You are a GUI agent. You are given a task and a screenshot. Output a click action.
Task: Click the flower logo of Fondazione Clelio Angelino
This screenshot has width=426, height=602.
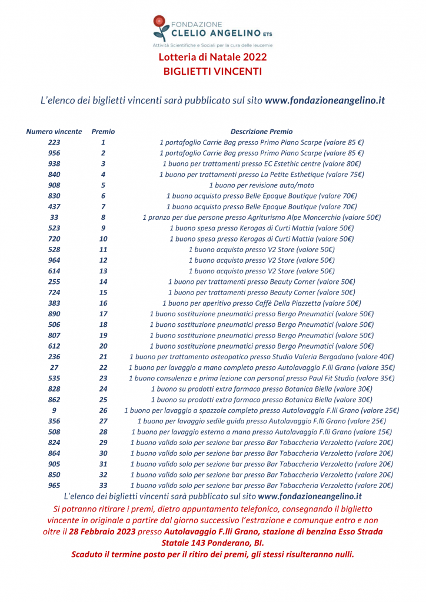[160, 27]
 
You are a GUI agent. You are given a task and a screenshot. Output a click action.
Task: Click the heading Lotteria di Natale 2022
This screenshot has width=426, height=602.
[212, 57]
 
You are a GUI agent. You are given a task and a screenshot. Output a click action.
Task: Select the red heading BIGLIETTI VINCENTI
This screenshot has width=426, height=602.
[212, 71]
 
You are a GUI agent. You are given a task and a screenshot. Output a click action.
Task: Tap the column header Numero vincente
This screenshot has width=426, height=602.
[54, 132]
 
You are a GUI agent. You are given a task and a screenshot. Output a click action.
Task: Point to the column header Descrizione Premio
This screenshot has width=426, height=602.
[261, 132]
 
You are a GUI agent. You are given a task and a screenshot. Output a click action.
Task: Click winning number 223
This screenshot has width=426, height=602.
[54, 142]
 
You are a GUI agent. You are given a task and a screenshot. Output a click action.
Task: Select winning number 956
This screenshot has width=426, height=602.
[54, 153]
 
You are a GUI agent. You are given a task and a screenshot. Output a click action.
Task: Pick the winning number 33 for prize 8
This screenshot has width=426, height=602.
[54, 217]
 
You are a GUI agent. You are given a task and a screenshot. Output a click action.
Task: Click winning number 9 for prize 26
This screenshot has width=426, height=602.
[54, 410]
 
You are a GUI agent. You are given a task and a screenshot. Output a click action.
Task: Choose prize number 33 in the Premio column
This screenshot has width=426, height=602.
[103, 485]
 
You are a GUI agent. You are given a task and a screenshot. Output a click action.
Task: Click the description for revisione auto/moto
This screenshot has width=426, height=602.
[261, 185]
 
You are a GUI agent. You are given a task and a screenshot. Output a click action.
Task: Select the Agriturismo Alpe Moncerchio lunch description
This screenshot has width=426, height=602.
[261, 217]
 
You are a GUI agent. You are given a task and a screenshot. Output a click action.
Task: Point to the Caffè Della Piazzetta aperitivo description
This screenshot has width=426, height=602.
[261, 303]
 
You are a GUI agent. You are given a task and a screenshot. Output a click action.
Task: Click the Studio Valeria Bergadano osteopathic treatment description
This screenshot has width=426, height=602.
[261, 356]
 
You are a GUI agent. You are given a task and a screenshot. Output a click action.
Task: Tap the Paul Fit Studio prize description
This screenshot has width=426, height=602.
[261, 378]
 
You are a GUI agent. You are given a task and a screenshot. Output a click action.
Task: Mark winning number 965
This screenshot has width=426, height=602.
[54, 485]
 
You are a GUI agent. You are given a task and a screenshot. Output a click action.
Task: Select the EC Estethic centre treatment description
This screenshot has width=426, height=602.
[261, 163]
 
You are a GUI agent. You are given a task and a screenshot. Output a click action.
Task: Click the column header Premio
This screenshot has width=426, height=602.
[103, 132]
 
